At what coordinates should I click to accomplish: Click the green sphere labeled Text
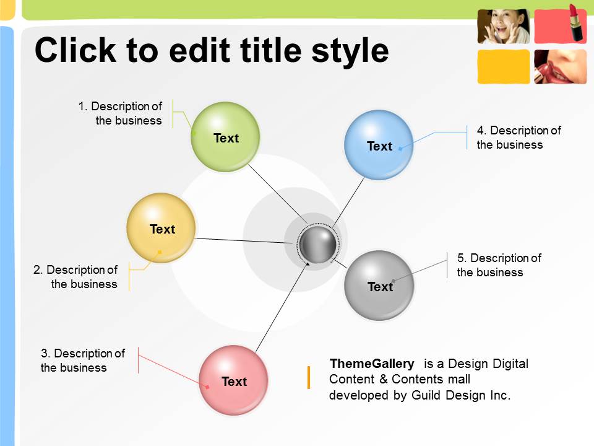tap(225, 136)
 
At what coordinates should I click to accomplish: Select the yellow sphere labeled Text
tap(161, 227)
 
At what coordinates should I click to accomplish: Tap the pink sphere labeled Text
tap(234, 380)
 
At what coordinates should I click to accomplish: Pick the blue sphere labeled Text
tap(379, 144)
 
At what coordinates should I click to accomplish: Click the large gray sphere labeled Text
tap(379, 285)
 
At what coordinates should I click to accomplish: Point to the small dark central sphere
tap(317, 244)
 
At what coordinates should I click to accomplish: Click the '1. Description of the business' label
tap(120, 113)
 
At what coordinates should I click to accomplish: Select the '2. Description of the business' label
tap(75, 277)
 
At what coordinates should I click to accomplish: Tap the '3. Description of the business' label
tap(82, 361)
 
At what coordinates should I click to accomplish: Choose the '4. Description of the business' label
tap(519, 138)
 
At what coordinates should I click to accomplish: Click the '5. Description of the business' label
tap(499, 265)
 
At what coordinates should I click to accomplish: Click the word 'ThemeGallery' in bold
tap(372, 364)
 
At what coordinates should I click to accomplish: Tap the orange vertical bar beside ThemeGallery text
tap(309, 377)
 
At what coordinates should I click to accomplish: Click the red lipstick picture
tap(561, 25)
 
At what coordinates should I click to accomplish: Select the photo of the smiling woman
tap(504, 26)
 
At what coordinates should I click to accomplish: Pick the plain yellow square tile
tap(504, 67)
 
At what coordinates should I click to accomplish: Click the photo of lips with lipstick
tap(561, 67)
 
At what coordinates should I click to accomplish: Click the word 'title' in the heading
tap(272, 50)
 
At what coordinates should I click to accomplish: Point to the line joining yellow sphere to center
tap(243, 240)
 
